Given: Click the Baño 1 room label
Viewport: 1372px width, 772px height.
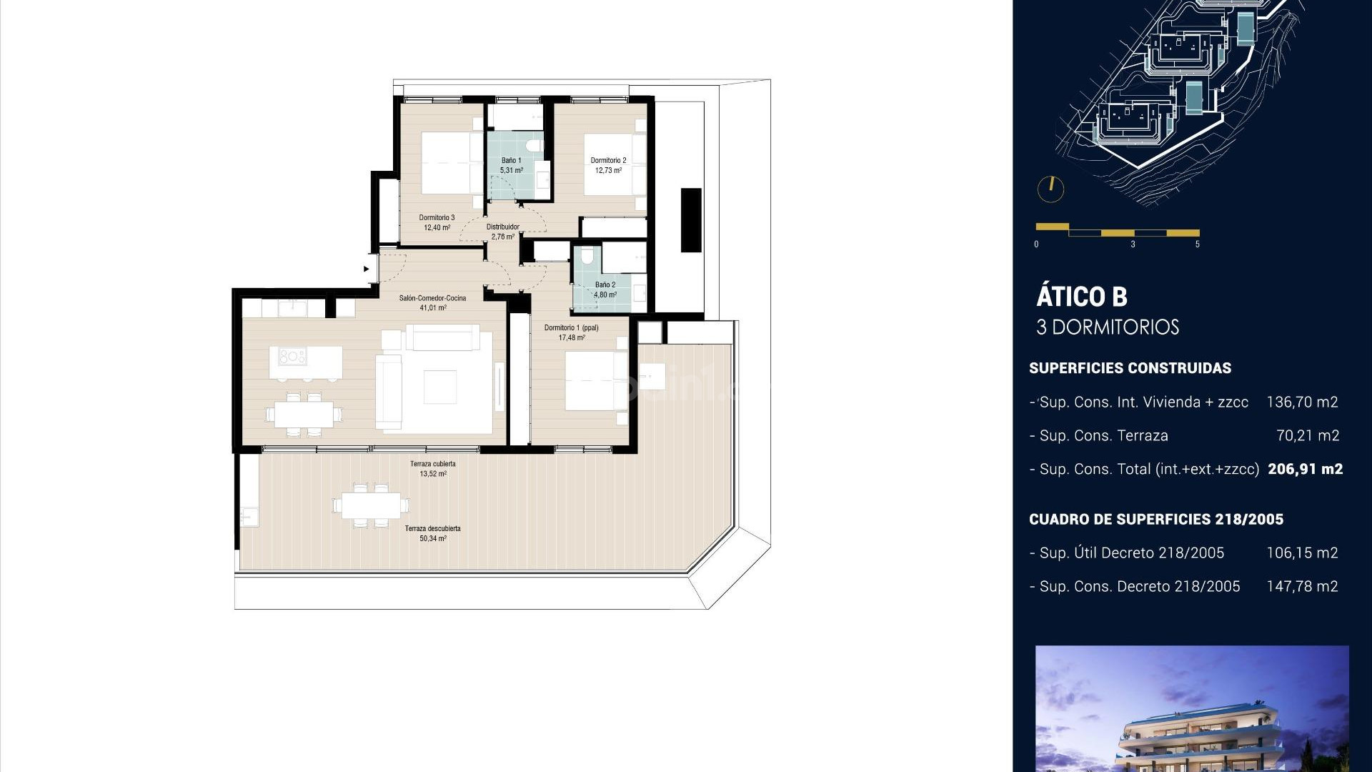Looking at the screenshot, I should pos(511,165).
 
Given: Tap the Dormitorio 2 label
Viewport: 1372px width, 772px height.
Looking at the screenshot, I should pos(608,165).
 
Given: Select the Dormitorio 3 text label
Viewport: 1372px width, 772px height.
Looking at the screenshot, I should pos(437,222).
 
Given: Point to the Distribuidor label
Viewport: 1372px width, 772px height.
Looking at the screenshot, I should pos(503,232).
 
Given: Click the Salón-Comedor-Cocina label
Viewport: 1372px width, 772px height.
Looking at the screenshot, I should pos(432,302).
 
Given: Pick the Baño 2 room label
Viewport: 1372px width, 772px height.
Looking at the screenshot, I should pos(605,289).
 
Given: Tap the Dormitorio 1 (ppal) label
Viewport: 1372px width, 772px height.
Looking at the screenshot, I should pos(571,332).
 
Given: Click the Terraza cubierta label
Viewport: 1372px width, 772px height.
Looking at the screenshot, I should pos(432,468).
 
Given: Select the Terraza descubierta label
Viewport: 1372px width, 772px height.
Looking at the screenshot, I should pos(432,533).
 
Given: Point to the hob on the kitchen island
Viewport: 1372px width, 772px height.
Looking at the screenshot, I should pos(292,356).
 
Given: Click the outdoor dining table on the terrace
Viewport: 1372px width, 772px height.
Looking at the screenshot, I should pos(371,506).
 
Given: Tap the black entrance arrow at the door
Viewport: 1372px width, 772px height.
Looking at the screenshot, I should pos(367,269).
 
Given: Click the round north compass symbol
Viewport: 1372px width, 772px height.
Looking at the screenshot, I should pos(1050,189).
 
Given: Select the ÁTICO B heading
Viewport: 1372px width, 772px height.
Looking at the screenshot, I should pos(1081,296).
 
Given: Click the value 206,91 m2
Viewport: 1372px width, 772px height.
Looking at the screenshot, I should pos(1305,469).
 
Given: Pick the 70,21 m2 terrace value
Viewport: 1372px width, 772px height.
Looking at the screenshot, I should pos(1307,435).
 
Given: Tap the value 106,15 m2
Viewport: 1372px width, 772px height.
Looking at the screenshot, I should pos(1301,553).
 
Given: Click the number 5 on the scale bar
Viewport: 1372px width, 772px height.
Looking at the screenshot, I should pos(1197,244).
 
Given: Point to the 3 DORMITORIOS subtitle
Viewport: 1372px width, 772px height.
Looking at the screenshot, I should pos(1107,327).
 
